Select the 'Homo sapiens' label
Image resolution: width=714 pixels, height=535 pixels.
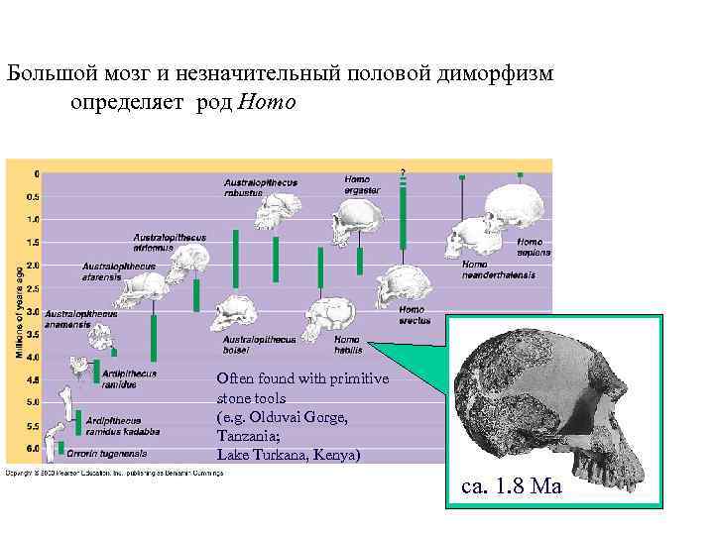click(534, 247)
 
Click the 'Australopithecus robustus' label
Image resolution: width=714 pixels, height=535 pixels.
click(260, 187)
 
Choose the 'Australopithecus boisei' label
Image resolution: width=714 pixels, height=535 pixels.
click(260, 343)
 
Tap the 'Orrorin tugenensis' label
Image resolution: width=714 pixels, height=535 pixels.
click(107, 453)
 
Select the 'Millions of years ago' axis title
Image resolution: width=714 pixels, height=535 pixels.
click(16, 311)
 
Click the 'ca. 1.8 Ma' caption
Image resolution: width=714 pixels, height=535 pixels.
click(512, 486)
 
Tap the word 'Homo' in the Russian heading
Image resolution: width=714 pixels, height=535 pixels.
click(267, 102)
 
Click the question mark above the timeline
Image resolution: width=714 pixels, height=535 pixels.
click(403, 171)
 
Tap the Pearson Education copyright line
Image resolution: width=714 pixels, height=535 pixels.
click(114, 473)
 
